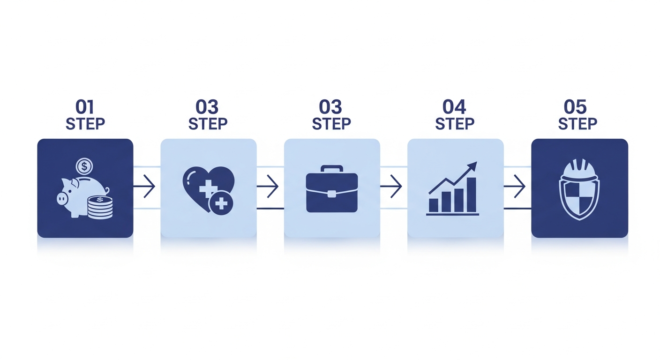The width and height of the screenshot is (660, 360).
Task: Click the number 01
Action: pyautogui.click(x=84, y=107)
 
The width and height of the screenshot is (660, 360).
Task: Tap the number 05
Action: pyautogui.click(x=575, y=107)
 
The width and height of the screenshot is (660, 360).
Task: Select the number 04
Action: pyautogui.click(x=454, y=107)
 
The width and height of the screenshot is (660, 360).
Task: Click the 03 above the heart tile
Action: pyautogui.click(x=207, y=107)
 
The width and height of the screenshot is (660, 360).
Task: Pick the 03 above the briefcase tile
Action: pyautogui.click(x=330, y=107)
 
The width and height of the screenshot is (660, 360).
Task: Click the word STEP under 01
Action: pyautogui.click(x=85, y=124)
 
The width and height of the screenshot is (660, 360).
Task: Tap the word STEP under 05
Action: pyautogui.click(x=578, y=124)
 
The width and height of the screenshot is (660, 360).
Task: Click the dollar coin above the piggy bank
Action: pyautogui.click(x=84, y=166)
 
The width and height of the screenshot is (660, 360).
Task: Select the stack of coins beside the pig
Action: pyautogui.click(x=100, y=207)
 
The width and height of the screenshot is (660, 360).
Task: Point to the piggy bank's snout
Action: pyautogui.click(x=62, y=199)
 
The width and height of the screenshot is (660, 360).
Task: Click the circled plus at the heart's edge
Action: pyautogui.click(x=221, y=203)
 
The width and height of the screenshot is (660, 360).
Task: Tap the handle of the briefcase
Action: pyautogui.click(x=332, y=169)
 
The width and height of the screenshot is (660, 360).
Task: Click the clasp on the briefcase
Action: pyautogui.click(x=332, y=194)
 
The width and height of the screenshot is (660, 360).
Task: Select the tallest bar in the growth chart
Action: pyautogui.click(x=472, y=195)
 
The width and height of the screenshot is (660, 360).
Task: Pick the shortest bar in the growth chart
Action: pyautogui.click(x=434, y=205)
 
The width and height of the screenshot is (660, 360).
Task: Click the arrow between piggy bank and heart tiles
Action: pyautogui.click(x=144, y=186)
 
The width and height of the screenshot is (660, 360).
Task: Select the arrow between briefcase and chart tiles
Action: pyautogui.click(x=391, y=186)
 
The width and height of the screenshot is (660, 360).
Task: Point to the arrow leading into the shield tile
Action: pyautogui.click(x=514, y=186)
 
